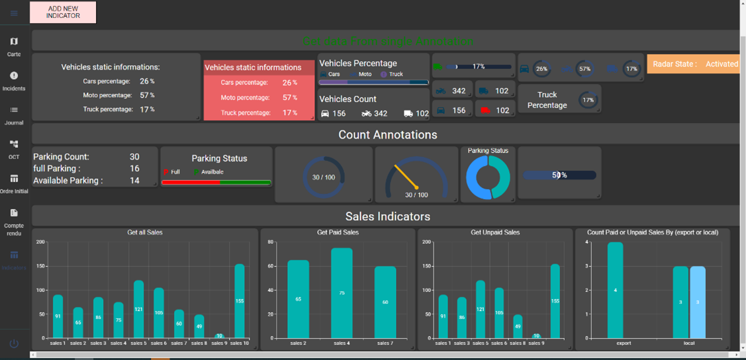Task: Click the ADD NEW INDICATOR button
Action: pyautogui.click(x=63, y=12)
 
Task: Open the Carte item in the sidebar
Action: pyautogui.click(x=14, y=46)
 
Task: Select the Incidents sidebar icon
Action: pyautogui.click(x=14, y=81)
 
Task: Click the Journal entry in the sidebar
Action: pyautogui.click(x=14, y=115)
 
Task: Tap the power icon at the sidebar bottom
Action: pyautogui.click(x=14, y=343)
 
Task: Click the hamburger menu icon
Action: pyautogui.click(x=14, y=13)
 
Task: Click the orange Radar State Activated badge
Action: pyautogui.click(x=695, y=64)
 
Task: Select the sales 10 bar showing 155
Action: pyautogui.click(x=240, y=301)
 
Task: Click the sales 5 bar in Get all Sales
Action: pyautogui.click(x=138, y=309)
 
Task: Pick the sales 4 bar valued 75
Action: pyautogui.click(x=342, y=293)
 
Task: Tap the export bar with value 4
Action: pyautogui.click(x=616, y=290)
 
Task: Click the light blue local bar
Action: pyautogui.click(x=698, y=302)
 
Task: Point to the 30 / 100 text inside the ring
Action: pyautogui.click(x=324, y=177)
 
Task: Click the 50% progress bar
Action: pyautogui.click(x=559, y=175)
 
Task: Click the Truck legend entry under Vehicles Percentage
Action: pyautogui.click(x=392, y=74)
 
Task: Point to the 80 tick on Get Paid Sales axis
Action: pyautogui.click(x=271, y=242)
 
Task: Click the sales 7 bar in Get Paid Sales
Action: pyautogui.click(x=385, y=302)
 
